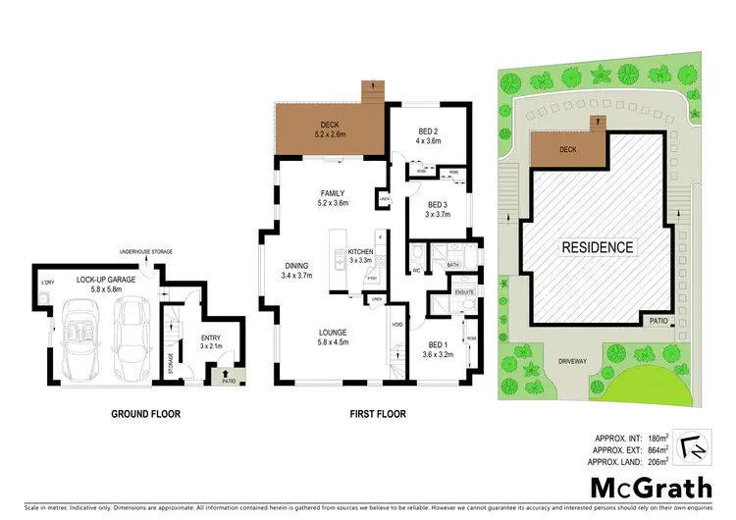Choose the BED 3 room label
tap(436, 204)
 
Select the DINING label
tap(297, 265)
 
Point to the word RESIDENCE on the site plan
tap(598, 247)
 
